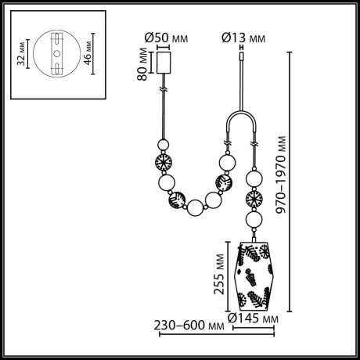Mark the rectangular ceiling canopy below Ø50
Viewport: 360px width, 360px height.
[x=164, y=63]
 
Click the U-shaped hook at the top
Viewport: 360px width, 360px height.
[x=241, y=125]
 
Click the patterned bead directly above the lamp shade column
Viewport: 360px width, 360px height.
[x=254, y=196]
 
